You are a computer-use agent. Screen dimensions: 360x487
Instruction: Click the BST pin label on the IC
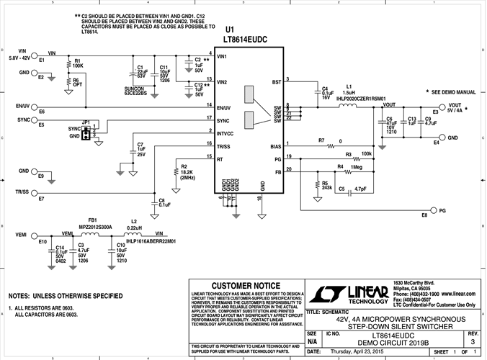[277, 83]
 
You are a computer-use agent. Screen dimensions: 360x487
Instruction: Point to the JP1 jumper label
[86, 122]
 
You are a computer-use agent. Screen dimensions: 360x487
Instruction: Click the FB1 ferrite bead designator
[92, 219]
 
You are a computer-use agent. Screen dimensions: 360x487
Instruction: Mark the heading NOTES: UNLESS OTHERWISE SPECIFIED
[65, 296]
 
